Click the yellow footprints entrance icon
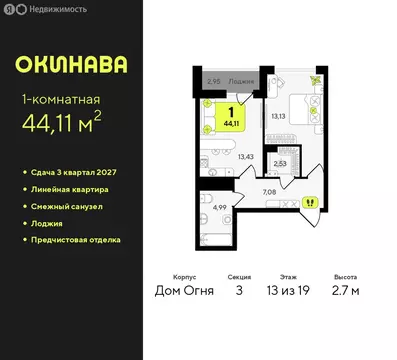310,201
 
